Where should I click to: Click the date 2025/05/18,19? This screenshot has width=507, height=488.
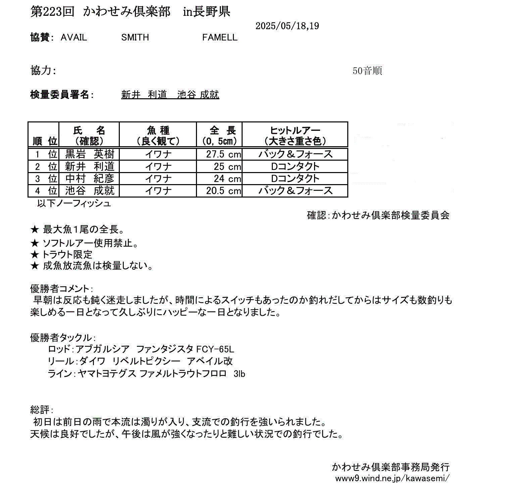(x=287, y=26)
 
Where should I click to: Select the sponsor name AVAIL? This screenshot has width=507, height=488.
(x=74, y=37)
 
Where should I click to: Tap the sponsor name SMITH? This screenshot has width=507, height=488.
(x=135, y=37)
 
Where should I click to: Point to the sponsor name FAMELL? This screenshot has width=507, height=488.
(x=220, y=37)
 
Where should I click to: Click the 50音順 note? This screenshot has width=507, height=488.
(x=367, y=71)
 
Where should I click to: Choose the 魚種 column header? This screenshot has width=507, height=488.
(x=158, y=135)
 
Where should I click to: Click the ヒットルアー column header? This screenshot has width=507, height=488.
(x=295, y=135)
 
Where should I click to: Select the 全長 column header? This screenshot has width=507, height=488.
(x=219, y=135)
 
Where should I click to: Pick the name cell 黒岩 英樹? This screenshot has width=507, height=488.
(x=89, y=154)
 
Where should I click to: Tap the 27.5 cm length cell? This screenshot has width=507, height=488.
(x=223, y=154)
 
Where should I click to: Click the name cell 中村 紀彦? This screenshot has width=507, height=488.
(x=89, y=178)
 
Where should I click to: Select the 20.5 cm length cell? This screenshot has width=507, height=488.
(x=223, y=191)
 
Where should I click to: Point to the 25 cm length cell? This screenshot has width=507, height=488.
(x=227, y=166)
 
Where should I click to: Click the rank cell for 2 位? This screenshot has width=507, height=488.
(x=44, y=166)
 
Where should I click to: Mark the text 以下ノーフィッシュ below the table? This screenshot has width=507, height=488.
(x=74, y=203)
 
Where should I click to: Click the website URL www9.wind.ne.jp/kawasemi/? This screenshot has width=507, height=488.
(x=392, y=478)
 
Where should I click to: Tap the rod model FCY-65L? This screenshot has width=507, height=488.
(x=215, y=349)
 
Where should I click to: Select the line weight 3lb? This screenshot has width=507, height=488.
(x=239, y=374)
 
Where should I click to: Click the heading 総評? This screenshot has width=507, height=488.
(x=42, y=410)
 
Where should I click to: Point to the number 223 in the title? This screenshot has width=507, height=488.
(x=53, y=12)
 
